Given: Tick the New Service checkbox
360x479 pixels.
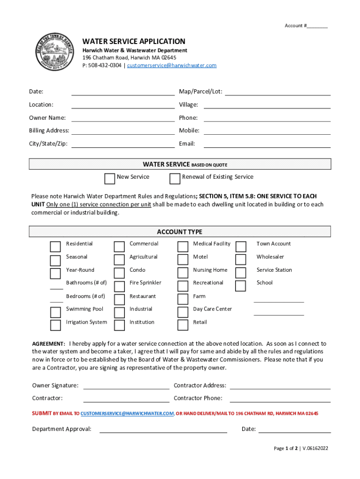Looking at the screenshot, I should tap(109, 179).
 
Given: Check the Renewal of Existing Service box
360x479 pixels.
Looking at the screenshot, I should tap(175, 179).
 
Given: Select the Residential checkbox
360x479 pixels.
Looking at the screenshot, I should tap(55, 247).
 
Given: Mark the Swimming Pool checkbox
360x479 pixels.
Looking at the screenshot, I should tap(55, 312).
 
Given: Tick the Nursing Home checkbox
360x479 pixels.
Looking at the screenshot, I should tap(183, 273).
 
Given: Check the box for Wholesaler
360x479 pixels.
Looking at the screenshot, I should tap(241, 260).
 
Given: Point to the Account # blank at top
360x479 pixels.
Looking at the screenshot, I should tap(317, 26).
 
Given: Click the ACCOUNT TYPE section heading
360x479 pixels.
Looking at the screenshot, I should tap(180, 232).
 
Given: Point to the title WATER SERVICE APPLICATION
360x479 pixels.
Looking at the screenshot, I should tap(134, 42).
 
